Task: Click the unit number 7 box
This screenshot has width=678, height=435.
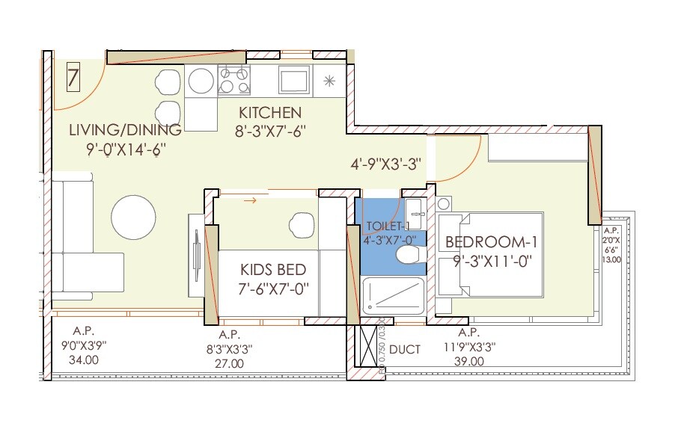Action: click(x=73, y=78)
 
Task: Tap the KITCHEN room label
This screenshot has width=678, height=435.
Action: click(x=270, y=114)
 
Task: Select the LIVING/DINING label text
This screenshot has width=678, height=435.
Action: click(x=125, y=130)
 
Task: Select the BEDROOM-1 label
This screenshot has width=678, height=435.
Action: click(x=491, y=242)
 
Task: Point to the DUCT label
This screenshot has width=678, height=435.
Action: click(x=405, y=349)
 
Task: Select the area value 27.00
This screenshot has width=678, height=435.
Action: click(x=229, y=364)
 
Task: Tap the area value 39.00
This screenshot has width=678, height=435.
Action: click(x=468, y=361)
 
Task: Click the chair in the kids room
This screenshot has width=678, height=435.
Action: click(x=302, y=223)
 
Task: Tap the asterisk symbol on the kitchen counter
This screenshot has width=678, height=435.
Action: click(x=329, y=80)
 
